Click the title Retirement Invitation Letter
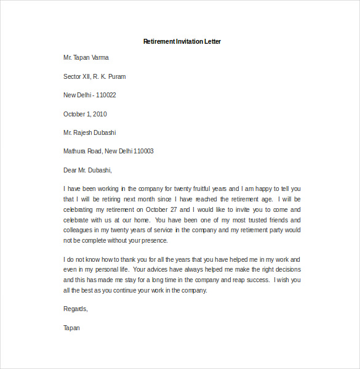click(182, 41)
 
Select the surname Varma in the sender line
click(100, 57)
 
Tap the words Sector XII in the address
click(77, 76)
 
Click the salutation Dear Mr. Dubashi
click(88, 170)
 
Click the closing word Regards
click(76, 309)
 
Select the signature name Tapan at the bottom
click(71, 328)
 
